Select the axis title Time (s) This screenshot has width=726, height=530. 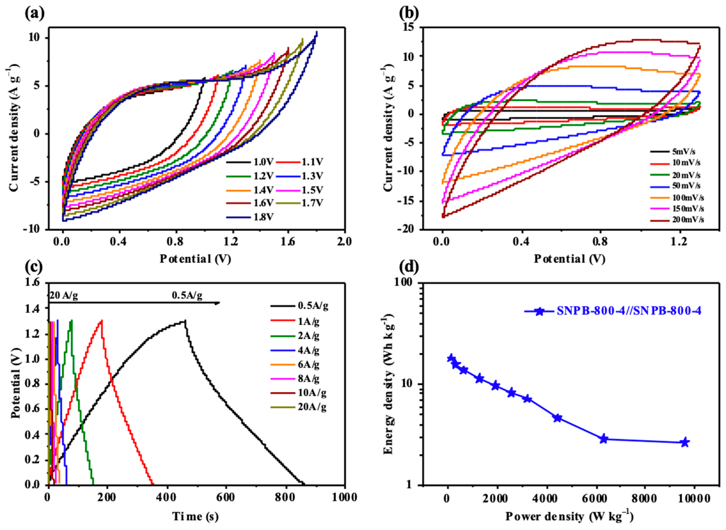[x=196, y=516]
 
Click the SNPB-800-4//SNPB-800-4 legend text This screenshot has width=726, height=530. [x=629, y=311]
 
